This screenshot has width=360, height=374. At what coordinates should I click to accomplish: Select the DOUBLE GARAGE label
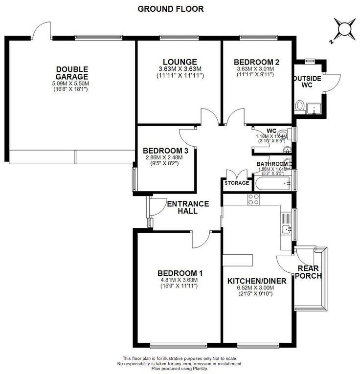[x=72, y=73]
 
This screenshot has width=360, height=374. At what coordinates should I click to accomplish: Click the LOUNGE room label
[x=180, y=62]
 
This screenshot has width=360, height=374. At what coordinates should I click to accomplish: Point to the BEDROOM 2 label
[x=256, y=62]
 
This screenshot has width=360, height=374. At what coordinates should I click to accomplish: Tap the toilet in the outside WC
[x=300, y=105]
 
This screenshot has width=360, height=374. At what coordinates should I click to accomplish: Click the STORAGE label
[x=236, y=183]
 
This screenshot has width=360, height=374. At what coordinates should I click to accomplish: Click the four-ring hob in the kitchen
[x=253, y=198]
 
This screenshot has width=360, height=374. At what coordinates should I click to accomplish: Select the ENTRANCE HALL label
[x=188, y=207]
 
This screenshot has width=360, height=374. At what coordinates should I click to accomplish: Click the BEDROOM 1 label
[x=180, y=273]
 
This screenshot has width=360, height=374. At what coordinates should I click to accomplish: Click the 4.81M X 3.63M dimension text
[x=180, y=280]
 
